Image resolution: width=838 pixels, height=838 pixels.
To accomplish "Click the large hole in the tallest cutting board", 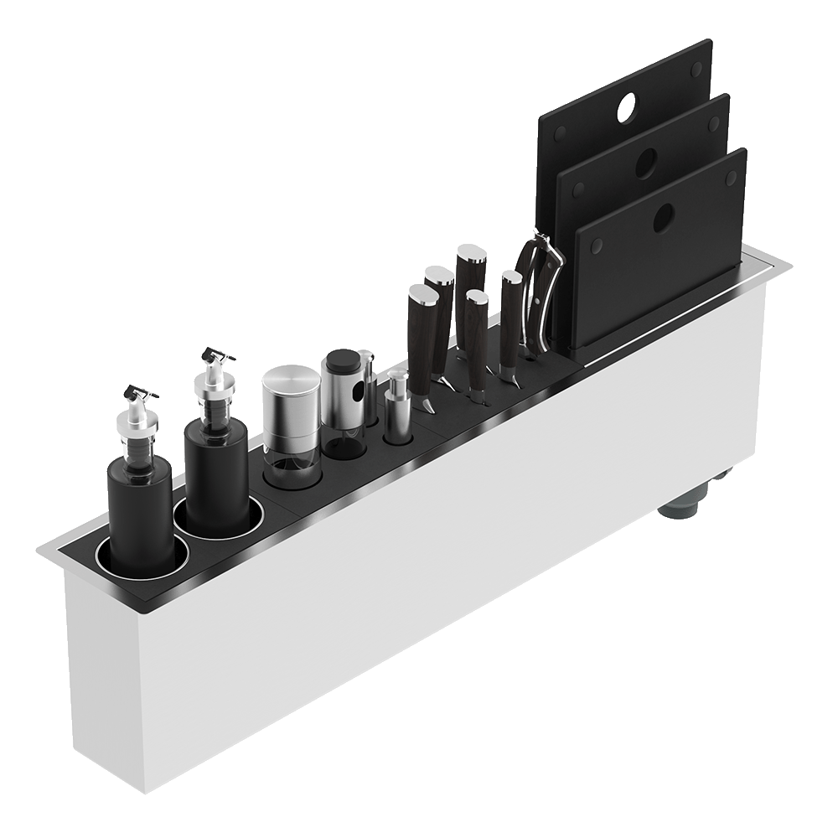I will (x=628, y=107).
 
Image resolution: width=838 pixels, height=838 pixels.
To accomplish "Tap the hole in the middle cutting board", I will (x=646, y=163).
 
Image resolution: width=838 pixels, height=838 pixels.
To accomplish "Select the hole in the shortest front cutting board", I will (x=664, y=218).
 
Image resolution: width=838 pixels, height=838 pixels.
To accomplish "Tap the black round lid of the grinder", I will (x=343, y=361).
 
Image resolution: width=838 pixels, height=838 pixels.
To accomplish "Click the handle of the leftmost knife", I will (x=422, y=335).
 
